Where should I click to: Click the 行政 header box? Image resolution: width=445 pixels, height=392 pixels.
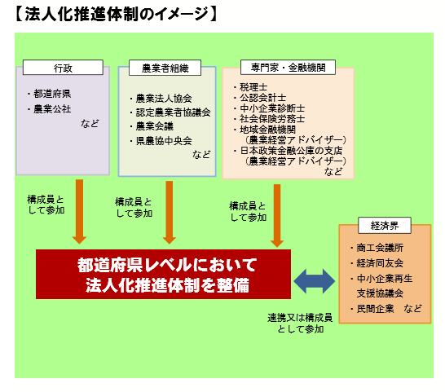[x=63, y=68]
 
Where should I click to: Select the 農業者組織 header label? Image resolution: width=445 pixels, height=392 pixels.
[x=165, y=68]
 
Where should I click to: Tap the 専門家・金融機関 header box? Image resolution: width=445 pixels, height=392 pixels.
[x=288, y=68]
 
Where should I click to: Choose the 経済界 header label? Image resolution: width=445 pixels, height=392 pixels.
[x=385, y=226]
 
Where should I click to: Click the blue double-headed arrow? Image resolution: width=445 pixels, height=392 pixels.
[x=315, y=281]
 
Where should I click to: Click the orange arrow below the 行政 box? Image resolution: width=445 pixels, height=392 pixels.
[x=80, y=211]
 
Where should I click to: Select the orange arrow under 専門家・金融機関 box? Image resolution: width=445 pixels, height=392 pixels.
[x=277, y=216]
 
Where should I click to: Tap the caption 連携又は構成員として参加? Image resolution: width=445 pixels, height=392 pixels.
[x=300, y=324]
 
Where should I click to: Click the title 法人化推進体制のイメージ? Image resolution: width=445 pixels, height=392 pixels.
[x=117, y=14]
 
